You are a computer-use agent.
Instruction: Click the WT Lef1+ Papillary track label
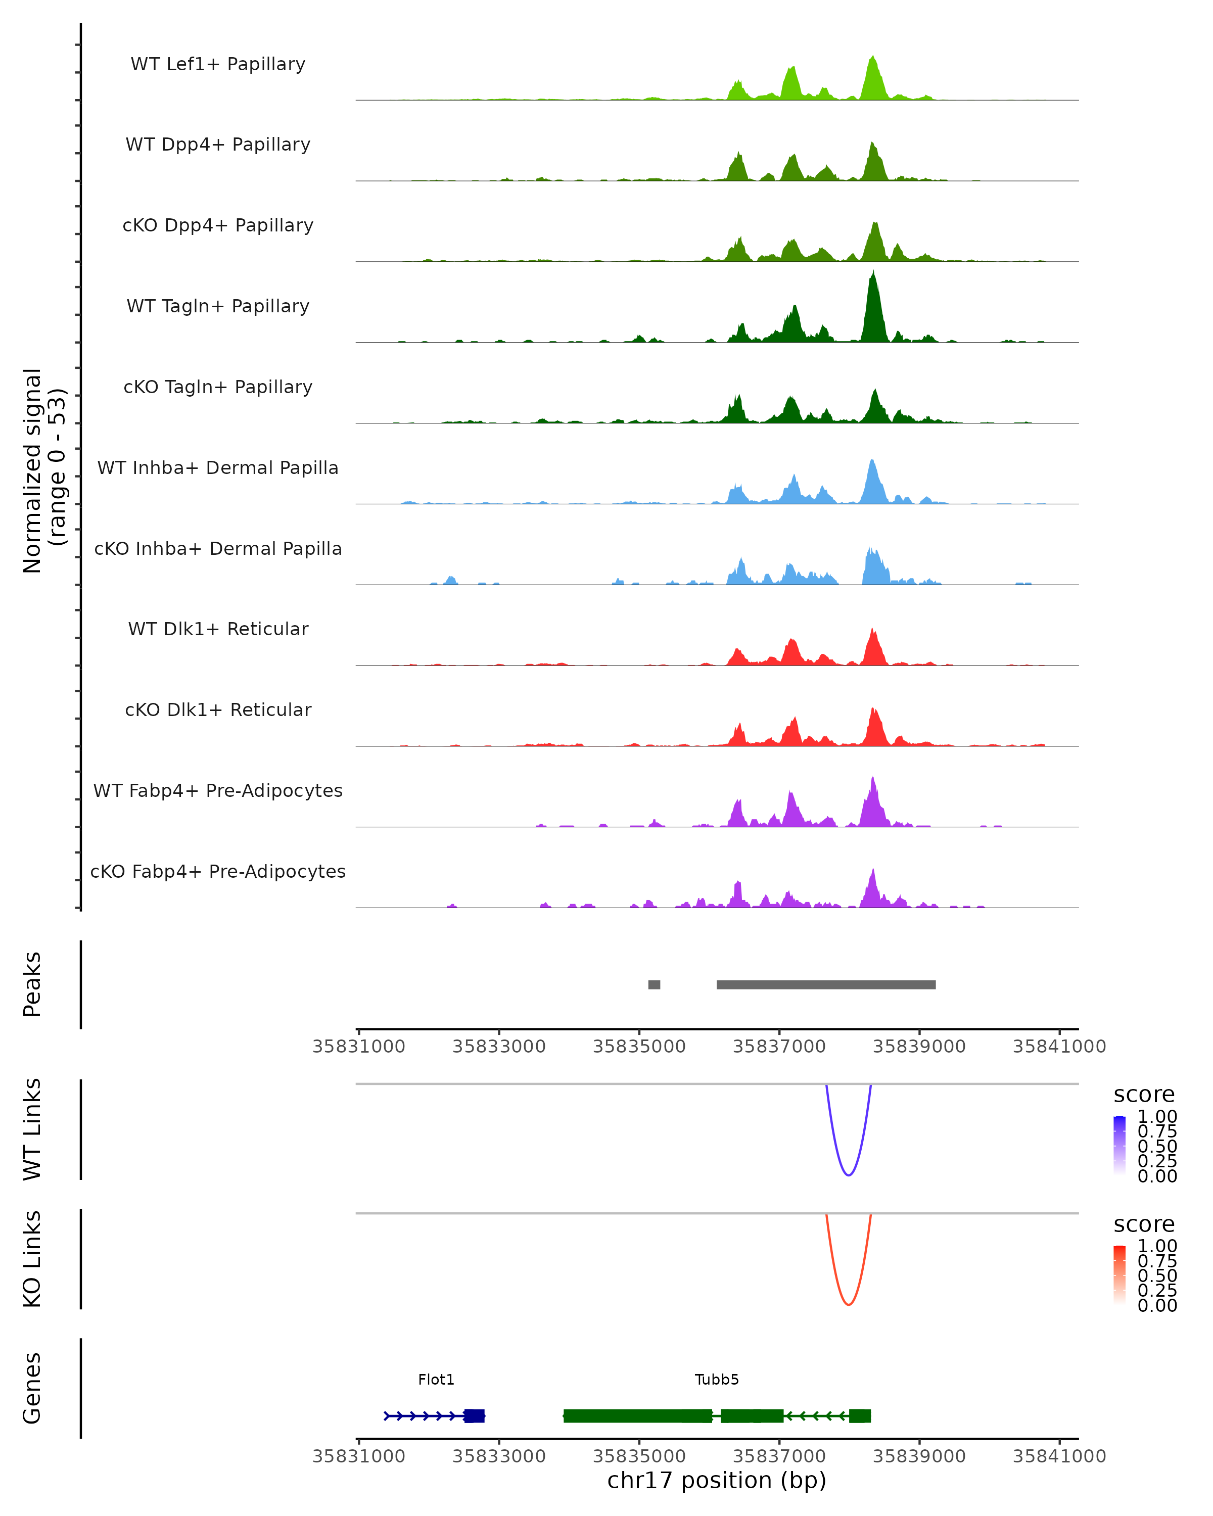pos(218,64)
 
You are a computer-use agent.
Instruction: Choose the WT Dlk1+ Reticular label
pos(218,629)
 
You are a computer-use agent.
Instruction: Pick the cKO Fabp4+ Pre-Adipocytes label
pos(218,871)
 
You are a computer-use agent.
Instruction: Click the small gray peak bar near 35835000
pos(654,984)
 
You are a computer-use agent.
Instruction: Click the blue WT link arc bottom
pos(849,1175)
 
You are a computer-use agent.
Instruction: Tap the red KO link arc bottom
pos(849,1304)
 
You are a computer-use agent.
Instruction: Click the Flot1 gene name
pos(436,1380)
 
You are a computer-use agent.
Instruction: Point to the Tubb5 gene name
pos(717,1380)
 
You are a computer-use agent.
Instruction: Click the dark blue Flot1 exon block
pos(474,1415)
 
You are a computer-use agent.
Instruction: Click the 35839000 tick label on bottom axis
pos(919,1456)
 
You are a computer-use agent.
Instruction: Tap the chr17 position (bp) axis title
pos(717,1481)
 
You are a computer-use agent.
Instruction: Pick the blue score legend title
pos(1144,1095)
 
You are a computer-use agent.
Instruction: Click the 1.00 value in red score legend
pos(1157,1246)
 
